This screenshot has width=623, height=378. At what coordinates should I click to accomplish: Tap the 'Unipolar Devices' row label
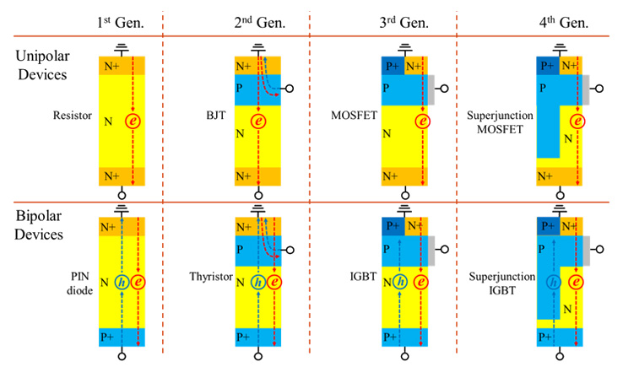(42, 66)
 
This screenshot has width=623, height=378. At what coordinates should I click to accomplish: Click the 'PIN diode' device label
(82, 281)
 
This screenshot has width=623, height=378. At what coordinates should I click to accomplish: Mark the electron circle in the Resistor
(133, 121)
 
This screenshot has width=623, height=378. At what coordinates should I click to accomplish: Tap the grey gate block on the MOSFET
(432, 87)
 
